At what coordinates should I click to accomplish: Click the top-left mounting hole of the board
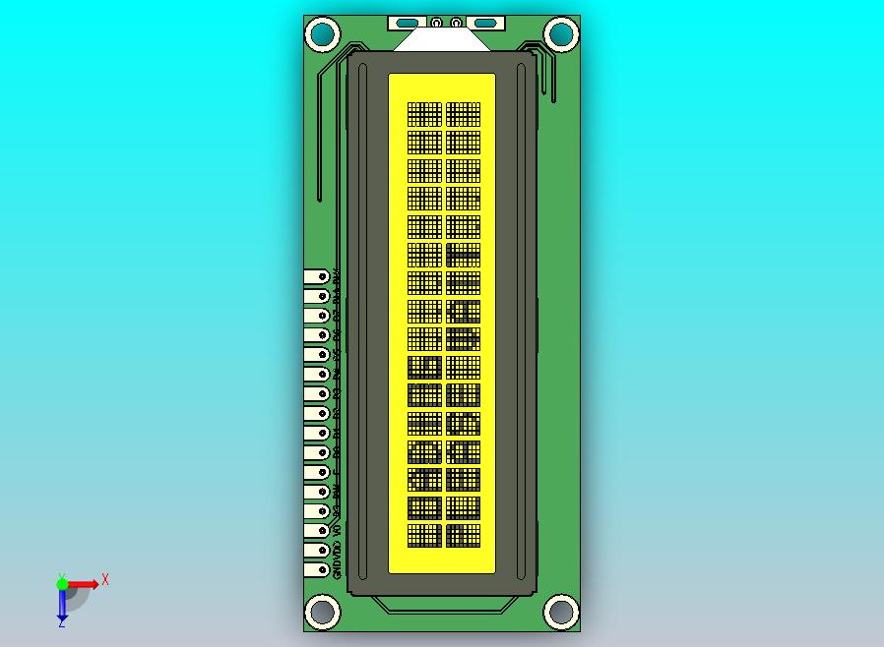(323, 35)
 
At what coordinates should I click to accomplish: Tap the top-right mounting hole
(560, 35)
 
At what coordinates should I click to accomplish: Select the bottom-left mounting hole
(323, 611)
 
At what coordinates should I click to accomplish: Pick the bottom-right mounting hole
(560, 611)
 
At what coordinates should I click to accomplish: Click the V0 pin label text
(337, 529)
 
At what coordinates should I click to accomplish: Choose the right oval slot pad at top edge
(484, 23)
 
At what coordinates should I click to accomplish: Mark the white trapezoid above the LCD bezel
(441, 40)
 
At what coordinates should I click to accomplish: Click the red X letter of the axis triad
(105, 579)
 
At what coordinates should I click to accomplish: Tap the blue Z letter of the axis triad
(61, 621)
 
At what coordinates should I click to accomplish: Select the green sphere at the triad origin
(62, 584)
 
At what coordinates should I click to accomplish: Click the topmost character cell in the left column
(424, 114)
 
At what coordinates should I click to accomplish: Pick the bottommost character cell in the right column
(463, 536)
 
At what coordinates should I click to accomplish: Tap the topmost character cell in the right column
(463, 114)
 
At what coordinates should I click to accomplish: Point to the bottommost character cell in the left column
(424, 536)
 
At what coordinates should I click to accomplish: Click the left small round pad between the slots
(436, 22)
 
